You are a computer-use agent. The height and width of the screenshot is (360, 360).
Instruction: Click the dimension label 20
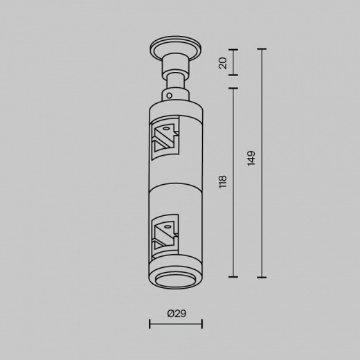[x=223, y=63]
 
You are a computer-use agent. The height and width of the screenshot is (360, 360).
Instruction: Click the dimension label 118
[x=223, y=182]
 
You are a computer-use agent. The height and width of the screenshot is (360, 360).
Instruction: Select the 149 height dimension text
[x=251, y=158]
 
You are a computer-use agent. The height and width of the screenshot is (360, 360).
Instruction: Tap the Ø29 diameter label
[x=177, y=314]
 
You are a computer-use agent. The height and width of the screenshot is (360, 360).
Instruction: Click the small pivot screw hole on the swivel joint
[x=170, y=96]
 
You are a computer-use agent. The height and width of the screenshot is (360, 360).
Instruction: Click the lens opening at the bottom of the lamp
[x=176, y=281]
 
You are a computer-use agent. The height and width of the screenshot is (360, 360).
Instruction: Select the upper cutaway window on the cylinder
[x=165, y=138]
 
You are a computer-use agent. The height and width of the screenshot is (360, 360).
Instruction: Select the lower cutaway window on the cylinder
[x=164, y=236]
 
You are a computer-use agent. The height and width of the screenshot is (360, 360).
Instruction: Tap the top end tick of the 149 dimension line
[x=262, y=49]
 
